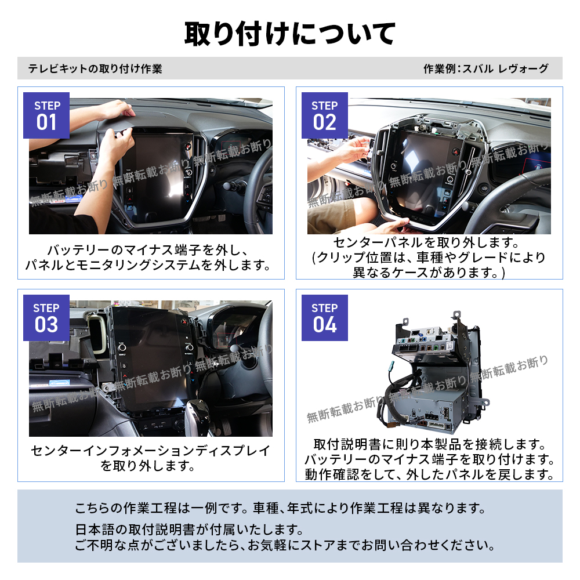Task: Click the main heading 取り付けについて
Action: point(290,33)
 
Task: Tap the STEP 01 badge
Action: point(46,115)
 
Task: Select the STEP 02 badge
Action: point(324,115)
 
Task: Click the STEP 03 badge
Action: point(46,318)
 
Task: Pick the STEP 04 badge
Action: point(324,318)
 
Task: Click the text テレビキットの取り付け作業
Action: point(95,69)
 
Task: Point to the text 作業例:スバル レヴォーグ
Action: point(485,69)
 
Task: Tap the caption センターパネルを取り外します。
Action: point(429,242)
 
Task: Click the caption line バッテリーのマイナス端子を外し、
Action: point(148,251)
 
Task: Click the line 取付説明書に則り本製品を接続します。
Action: point(429,445)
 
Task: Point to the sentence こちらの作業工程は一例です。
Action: point(162,509)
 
